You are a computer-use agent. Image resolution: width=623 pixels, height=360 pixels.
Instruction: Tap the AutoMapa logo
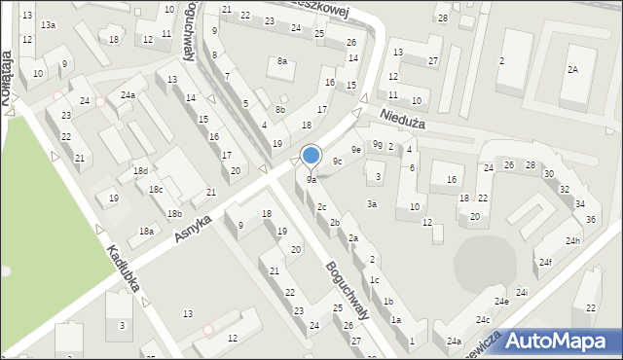[556, 341]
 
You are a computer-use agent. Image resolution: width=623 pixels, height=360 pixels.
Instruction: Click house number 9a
[311, 180]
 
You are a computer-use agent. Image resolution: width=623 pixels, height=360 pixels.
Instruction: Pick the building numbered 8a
[283, 61]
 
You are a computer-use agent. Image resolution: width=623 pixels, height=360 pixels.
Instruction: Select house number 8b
[280, 110]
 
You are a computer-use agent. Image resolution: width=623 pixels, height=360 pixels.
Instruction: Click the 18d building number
[140, 171]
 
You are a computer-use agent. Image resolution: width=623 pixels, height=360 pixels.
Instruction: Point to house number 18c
[156, 190]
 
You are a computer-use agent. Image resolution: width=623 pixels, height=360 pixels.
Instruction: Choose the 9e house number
[357, 150]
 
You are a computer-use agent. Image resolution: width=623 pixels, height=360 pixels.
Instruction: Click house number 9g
[377, 145]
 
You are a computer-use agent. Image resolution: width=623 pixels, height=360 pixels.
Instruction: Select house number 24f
[546, 262]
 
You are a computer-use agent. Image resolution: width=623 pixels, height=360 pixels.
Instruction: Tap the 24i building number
[523, 292]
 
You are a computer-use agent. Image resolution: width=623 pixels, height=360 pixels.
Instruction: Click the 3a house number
[372, 204]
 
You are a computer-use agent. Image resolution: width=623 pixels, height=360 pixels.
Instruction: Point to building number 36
[591, 219]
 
